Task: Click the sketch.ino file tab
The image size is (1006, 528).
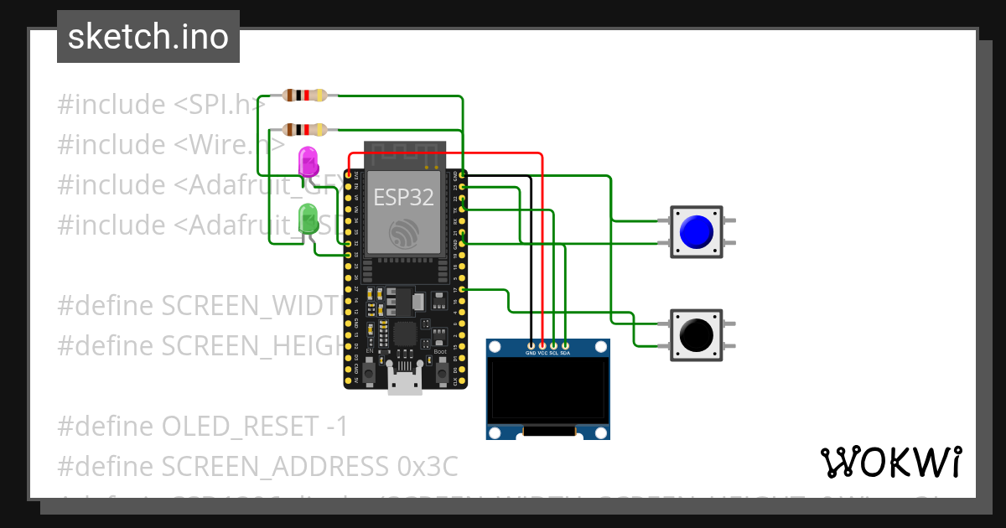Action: pos(148,37)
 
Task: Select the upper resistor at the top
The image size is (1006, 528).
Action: pos(304,96)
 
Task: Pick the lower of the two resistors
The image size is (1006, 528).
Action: pos(304,129)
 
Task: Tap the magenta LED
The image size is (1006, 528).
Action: pos(308,161)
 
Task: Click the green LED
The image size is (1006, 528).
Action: pos(308,219)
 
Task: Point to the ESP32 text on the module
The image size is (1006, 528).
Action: pos(404,198)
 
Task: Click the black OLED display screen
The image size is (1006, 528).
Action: pos(547,389)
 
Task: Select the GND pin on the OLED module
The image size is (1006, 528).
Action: pos(531,344)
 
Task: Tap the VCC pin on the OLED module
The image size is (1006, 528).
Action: pos(542,344)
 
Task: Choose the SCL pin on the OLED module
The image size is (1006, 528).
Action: pos(553,344)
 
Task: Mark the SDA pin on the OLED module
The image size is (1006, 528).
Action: pos(565,344)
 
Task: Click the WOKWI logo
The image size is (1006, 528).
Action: pos(890,462)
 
